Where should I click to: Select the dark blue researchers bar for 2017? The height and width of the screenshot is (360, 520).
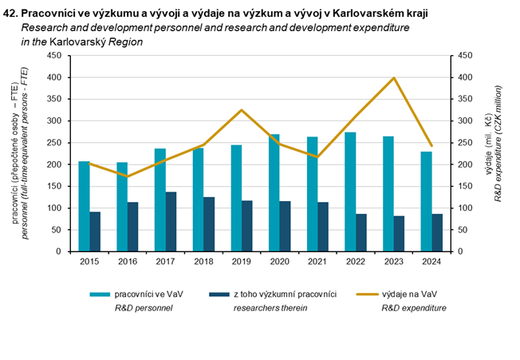tap(171, 221)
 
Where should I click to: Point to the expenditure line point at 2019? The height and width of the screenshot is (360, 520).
tap(242, 110)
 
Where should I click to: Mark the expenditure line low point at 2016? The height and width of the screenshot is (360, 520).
tap(128, 176)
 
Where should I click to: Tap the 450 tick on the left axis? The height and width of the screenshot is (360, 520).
tap(54, 56)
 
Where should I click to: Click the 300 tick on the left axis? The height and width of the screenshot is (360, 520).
tap(54, 121)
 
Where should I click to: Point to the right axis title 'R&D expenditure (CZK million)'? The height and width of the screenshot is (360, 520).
tap(498, 152)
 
